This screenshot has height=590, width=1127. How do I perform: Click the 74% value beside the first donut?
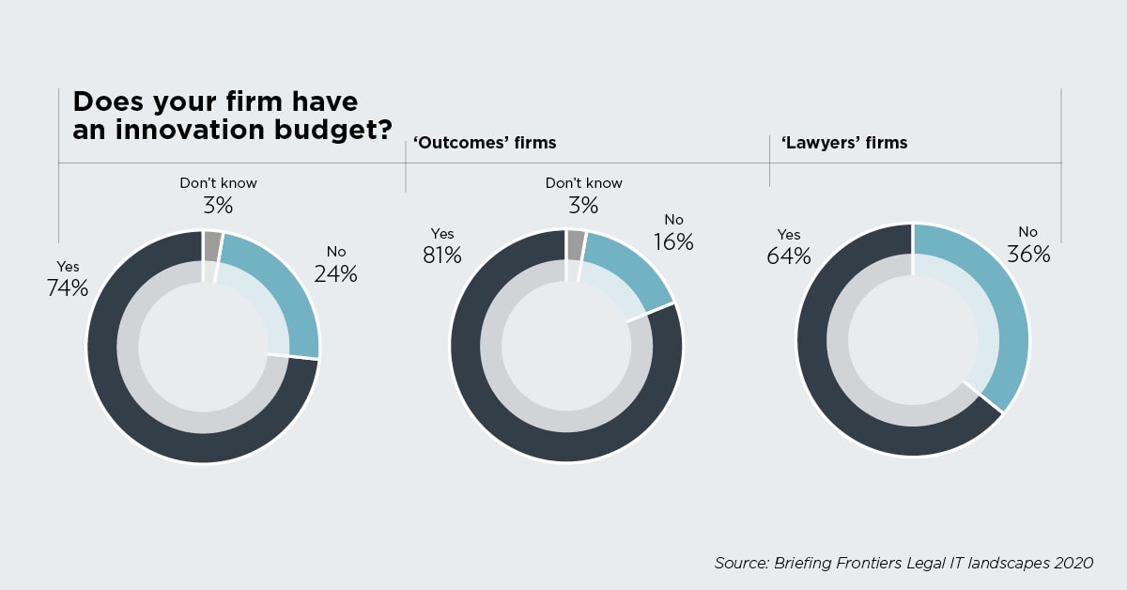pyautogui.click(x=68, y=288)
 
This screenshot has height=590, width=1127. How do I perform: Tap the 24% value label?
pyautogui.click(x=336, y=274)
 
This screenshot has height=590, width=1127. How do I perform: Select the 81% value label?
pyautogui.click(x=441, y=255)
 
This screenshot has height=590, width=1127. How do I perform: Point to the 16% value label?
pyautogui.click(x=672, y=241)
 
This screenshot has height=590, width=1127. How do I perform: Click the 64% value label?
pyautogui.click(x=788, y=256)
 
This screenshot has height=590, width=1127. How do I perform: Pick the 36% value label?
pyautogui.click(x=1028, y=254)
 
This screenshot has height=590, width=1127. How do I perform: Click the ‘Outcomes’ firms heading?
pyautogui.click(x=485, y=143)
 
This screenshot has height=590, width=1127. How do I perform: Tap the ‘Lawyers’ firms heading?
pyautogui.click(x=838, y=143)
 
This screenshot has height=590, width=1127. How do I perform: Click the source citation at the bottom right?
pyautogui.click(x=903, y=563)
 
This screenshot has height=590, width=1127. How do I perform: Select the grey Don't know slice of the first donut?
pyautogui.click(x=212, y=243)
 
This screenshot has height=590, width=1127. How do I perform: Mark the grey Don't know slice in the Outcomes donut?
pyautogui.click(x=576, y=243)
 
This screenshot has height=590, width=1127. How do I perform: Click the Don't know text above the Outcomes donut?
pyautogui.click(x=583, y=183)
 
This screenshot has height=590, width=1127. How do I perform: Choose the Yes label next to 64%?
pyautogui.click(x=789, y=235)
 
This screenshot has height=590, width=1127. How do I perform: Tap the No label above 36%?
pyautogui.click(x=1028, y=232)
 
